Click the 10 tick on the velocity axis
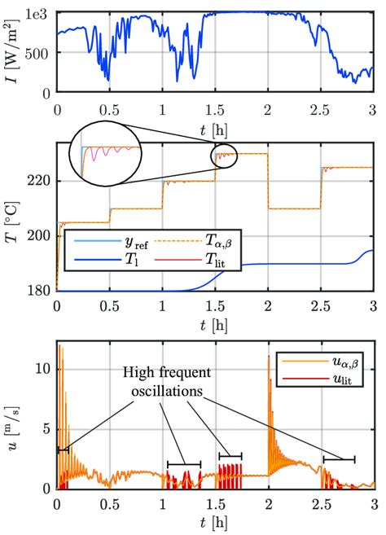(x=43, y=368)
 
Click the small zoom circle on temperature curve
(x=226, y=155)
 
